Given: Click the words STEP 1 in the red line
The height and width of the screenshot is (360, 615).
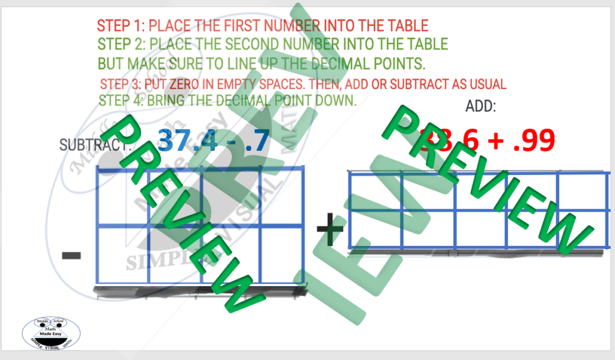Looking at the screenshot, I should point(121,26).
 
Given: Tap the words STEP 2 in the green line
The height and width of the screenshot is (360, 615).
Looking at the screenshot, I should point(122,44).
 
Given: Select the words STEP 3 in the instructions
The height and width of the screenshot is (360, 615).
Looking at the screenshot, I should point(120,84).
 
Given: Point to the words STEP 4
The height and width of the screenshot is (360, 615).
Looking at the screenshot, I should point(121,100).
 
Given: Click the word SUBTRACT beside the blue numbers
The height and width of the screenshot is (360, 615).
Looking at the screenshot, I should point(94,145).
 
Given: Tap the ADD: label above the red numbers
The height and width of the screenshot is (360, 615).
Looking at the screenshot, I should point(481,106).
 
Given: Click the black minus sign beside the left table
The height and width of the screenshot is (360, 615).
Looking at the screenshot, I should point(71,256).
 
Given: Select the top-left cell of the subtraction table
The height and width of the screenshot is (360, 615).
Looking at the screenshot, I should point(123,198).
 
